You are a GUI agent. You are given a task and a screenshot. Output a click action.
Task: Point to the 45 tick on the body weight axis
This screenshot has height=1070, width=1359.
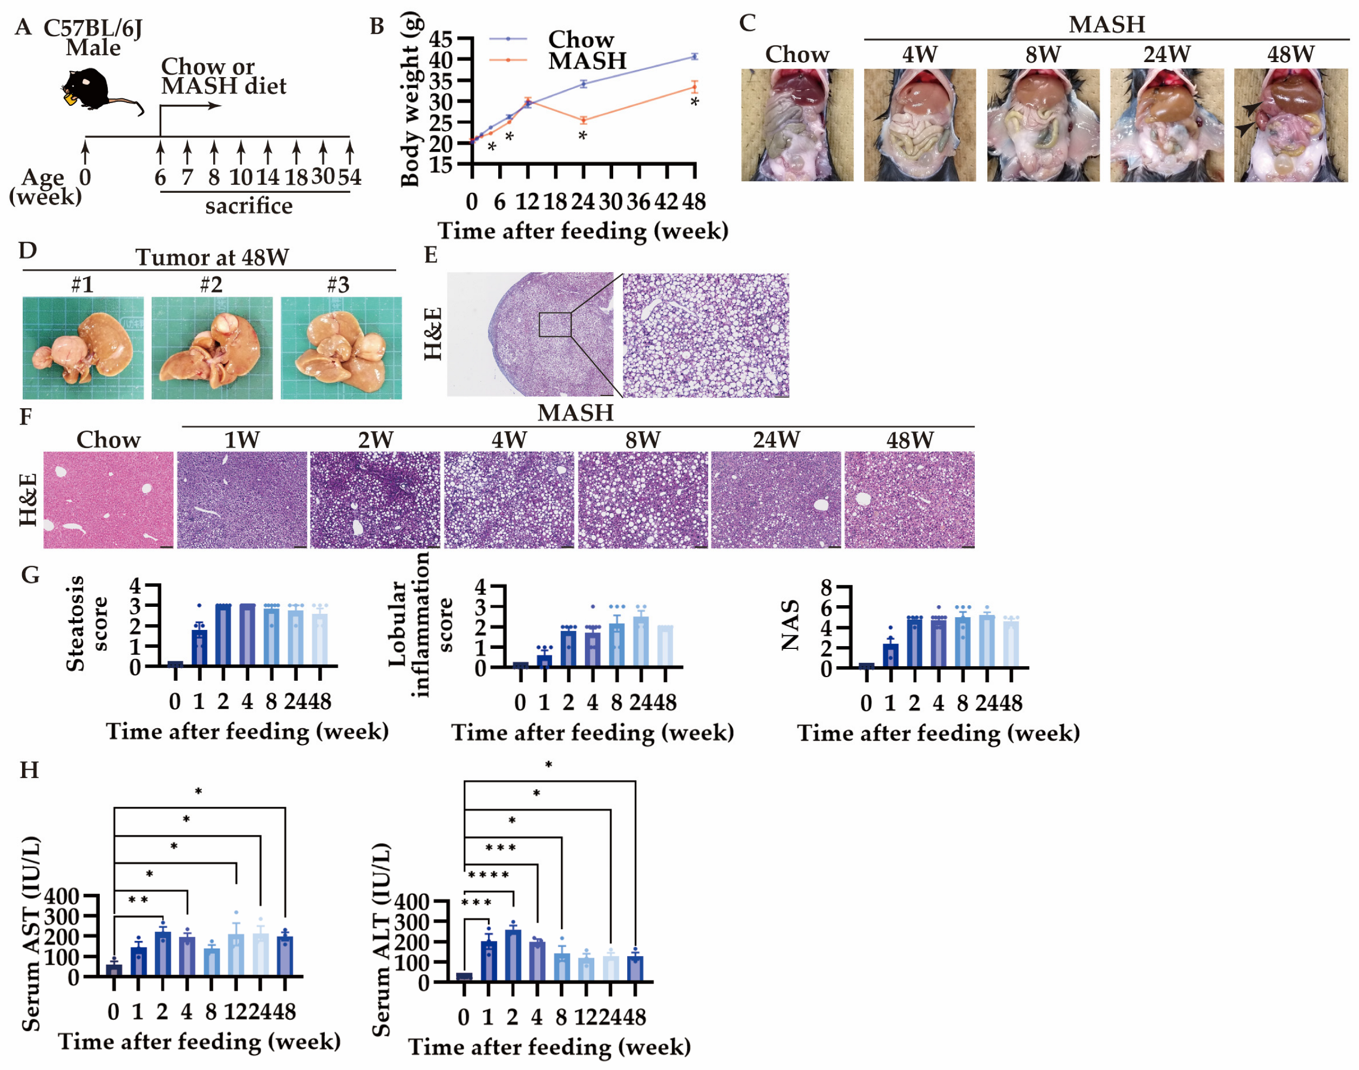tap(441, 39)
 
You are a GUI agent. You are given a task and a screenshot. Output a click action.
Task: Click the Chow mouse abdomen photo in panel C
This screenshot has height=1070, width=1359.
tap(797, 125)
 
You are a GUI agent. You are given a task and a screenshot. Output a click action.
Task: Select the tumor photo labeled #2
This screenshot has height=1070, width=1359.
tap(212, 348)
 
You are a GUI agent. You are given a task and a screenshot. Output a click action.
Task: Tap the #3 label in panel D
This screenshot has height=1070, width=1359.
tap(338, 285)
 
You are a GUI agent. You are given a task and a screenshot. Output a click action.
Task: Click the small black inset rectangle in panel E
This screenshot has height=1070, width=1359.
tap(555, 324)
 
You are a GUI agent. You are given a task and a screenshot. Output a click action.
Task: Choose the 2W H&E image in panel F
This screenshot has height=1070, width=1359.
tap(375, 499)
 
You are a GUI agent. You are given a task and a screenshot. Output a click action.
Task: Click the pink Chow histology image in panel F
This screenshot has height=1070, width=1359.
tap(108, 499)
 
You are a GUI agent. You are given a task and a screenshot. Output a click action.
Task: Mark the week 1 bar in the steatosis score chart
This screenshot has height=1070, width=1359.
tap(199, 647)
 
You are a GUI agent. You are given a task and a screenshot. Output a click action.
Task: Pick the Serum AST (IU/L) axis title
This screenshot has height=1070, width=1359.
tap(31, 934)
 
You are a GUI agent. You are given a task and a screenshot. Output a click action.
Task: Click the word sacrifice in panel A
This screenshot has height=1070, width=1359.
tap(249, 206)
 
